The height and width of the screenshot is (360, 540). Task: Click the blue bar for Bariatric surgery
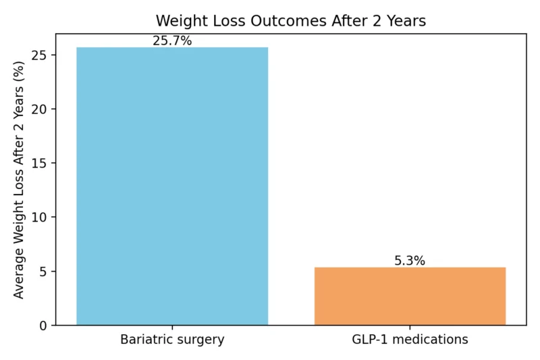pyautogui.click(x=172, y=186)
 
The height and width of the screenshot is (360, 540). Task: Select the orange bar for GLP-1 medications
pyautogui.click(x=410, y=296)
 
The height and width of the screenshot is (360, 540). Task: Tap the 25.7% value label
pyautogui.click(x=172, y=41)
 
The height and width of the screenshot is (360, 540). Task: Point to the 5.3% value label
pyautogui.click(x=410, y=261)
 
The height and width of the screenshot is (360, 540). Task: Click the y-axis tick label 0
pyautogui.click(x=43, y=326)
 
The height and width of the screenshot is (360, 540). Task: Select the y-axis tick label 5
pyautogui.click(x=43, y=272)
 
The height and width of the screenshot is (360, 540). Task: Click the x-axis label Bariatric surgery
pyautogui.click(x=172, y=340)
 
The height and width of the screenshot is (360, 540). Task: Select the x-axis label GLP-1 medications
pyautogui.click(x=410, y=340)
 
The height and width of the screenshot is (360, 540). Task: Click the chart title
pyautogui.click(x=291, y=21)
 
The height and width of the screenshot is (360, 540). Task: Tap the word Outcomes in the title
pyautogui.click(x=283, y=21)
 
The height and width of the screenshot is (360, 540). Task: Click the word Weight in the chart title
pyautogui.click(x=178, y=21)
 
